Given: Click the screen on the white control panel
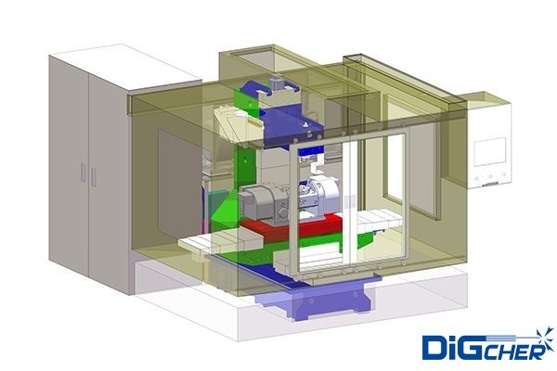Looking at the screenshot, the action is tap(490, 151).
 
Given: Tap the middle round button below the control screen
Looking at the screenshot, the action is tap(490, 176).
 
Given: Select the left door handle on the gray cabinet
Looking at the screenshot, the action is tap(84, 173).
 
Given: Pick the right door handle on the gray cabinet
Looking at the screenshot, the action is tap(94, 177).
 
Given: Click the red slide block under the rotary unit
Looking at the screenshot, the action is tap(291, 228).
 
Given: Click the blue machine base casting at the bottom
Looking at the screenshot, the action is tap(313, 300).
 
